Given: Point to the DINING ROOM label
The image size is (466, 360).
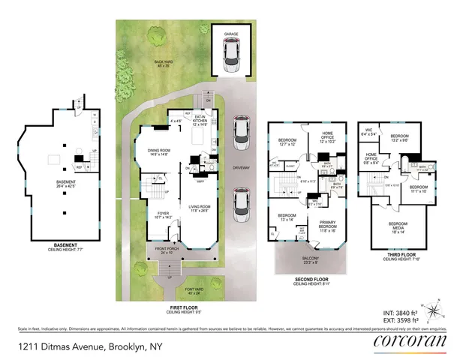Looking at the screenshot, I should (159, 150).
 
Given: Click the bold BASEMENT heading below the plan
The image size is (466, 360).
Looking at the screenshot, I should (59, 243).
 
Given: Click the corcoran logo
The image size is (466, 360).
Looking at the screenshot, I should (410, 343).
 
